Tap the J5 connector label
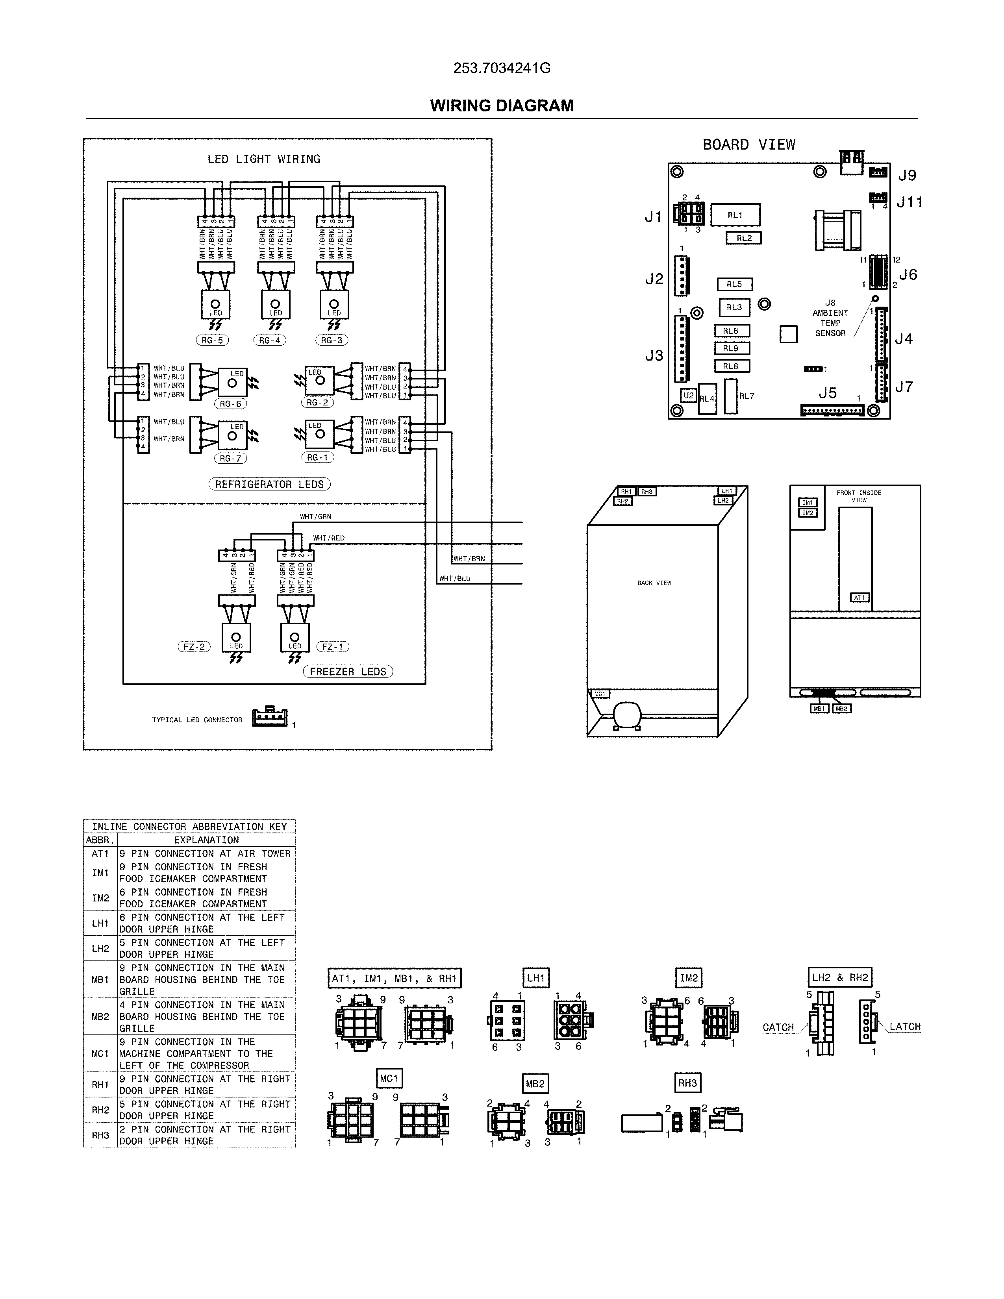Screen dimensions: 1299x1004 coord(827,393)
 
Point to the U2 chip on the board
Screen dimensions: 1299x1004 coord(688,396)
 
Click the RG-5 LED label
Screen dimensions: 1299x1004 coord(212,340)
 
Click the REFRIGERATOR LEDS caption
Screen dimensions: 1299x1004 coord(269,484)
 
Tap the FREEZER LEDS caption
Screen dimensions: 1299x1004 coord(348,672)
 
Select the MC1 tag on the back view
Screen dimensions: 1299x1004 coord(600,694)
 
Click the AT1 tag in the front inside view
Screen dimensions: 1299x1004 coord(860,598)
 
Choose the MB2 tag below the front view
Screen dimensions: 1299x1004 coord(841,709)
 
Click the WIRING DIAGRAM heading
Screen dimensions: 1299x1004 coord(501,106)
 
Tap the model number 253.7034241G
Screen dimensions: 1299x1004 coord(501,68)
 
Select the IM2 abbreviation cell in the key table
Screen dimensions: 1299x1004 coord(100,898)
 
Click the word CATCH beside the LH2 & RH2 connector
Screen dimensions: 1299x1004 coord(778,1027)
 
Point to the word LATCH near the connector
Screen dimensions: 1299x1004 coord(905,1027)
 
